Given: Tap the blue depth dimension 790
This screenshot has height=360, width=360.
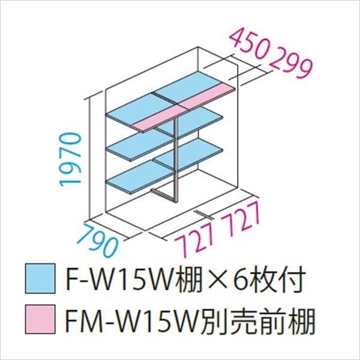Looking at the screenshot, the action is [98, 239].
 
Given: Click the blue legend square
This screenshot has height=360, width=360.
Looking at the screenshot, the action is [40, 278].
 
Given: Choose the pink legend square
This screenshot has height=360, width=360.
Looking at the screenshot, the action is [40, 319].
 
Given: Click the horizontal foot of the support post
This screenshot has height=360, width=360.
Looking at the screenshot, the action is [163, 194].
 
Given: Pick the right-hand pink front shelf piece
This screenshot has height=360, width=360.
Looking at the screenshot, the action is [207, 96].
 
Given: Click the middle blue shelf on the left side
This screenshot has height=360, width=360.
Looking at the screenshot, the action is [140, 147].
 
